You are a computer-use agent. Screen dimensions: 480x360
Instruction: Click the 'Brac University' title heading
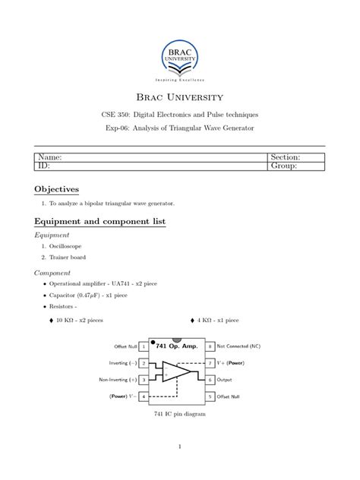180,97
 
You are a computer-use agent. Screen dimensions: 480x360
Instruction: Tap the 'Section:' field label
286,156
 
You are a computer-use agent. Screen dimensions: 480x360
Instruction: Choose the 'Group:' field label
284,166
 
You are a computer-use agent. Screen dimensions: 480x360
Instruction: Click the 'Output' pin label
229,378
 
